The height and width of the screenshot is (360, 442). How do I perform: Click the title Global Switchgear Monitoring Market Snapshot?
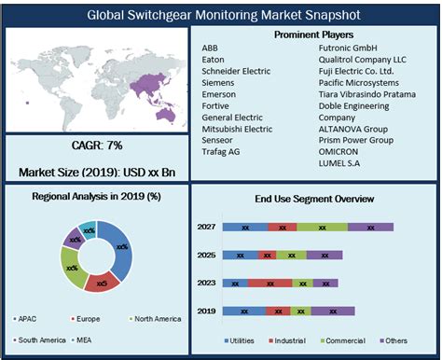coord(220,15)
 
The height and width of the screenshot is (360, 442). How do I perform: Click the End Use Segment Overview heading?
coord(314,199)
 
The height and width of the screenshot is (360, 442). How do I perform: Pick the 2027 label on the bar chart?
coord(207,227)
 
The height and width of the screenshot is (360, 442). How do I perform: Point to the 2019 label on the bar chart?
coord(207,311)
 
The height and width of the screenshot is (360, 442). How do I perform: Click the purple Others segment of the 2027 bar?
coord(370,227)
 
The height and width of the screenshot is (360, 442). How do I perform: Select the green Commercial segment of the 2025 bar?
coord(293,255)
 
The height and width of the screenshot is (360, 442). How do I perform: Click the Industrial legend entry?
coord(290,341)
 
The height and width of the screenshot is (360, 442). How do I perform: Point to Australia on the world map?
coord(167,113)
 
